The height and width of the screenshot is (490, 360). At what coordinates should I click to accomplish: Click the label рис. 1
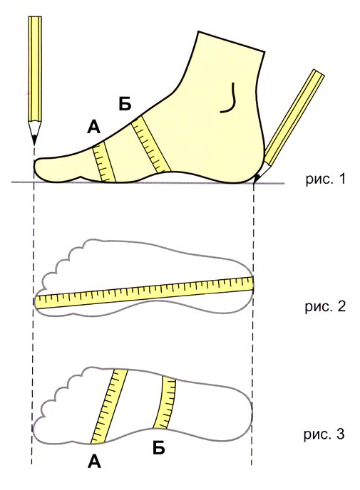point(325,179)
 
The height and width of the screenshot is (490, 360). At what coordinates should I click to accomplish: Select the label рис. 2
point(325,307)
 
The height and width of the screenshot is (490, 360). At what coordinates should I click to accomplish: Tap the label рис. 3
point(324,434)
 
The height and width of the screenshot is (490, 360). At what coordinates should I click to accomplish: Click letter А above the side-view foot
point(94,127)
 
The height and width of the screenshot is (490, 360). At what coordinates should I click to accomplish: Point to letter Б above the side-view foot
point(125,104)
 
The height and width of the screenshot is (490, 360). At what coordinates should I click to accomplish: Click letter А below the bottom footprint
point(95,462)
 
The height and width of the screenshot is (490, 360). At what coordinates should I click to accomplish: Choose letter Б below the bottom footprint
point(159,448)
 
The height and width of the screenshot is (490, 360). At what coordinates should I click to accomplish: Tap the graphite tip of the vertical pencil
point(34,142)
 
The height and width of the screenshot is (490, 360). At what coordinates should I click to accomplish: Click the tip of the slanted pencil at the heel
point(256,180)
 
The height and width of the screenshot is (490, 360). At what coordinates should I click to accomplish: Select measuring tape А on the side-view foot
point(105,162)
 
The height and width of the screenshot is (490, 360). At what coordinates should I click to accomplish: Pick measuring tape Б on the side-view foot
point(151,145)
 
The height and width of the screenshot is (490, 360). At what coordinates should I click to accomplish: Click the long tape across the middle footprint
point(144,293)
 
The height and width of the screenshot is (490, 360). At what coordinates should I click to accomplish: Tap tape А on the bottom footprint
point(109,406)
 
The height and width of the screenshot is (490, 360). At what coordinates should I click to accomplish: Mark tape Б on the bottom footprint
point(165,402)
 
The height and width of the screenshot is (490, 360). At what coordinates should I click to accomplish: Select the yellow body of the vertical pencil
point(35,69)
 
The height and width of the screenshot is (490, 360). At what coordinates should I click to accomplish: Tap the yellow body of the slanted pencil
point(294,118)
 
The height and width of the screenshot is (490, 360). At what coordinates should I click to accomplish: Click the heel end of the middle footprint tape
point(252,283)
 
